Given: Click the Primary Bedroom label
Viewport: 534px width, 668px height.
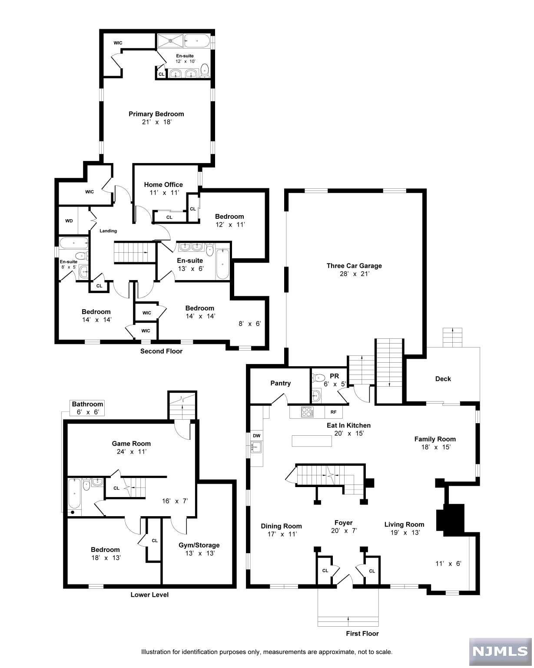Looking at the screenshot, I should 156,114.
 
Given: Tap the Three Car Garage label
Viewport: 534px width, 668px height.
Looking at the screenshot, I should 354,266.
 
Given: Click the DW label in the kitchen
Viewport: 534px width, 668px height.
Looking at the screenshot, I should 256,435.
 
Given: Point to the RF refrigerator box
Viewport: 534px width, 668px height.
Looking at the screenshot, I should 333,411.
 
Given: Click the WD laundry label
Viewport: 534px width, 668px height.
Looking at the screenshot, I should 69,220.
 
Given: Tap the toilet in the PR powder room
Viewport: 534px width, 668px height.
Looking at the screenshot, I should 318,377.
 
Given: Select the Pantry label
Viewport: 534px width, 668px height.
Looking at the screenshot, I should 280,383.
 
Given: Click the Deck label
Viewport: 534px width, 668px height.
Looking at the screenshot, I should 443,379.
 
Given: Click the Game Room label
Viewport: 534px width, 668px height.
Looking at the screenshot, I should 131,444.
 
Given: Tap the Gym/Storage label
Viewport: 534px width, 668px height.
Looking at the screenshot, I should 199,545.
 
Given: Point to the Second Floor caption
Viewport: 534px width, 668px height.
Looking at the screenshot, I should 161,351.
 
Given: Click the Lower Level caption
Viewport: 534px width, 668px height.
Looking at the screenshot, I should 149,595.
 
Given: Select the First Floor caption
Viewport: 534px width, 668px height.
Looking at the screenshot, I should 362,633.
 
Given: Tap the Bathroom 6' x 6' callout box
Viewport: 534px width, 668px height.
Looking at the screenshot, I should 87,408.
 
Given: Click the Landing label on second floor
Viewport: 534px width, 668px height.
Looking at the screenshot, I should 108,231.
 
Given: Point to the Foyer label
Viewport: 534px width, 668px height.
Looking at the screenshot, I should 343,522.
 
